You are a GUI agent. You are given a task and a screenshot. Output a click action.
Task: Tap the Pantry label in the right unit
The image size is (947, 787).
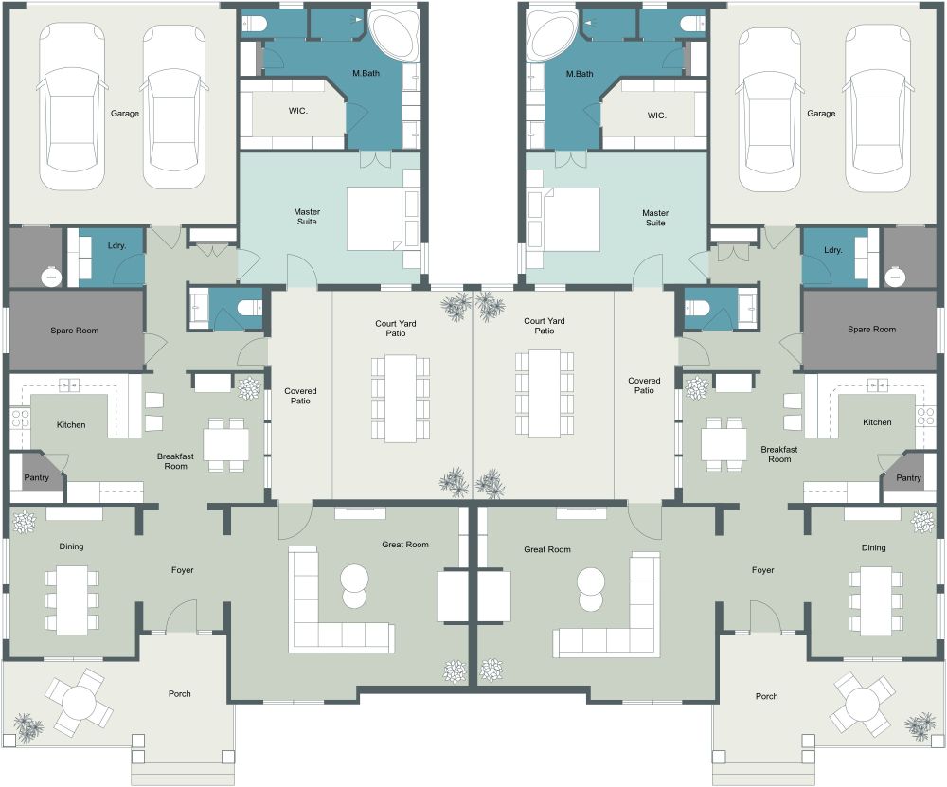tap(908, 478)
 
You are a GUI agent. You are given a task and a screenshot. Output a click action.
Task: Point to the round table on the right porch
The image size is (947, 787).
tap(863, 705)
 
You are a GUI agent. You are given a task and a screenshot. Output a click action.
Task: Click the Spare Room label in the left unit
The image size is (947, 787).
tap(75, 331)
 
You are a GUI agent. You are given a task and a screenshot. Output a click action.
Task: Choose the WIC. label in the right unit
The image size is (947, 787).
tap(656, 116)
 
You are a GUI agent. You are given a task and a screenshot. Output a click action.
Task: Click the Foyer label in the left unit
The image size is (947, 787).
tap(183, 570)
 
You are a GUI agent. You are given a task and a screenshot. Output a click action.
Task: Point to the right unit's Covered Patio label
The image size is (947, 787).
tap(644, 385)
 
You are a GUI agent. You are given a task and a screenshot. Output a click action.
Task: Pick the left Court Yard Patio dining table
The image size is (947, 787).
tap(401, 398)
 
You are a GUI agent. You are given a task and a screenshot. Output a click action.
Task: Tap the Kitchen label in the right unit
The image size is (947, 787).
tap(877, 422)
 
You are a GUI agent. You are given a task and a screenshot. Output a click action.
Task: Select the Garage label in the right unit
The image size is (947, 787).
tap(821, 114)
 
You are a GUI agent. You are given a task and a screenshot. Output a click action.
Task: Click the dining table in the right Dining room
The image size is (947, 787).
tap(876, 599)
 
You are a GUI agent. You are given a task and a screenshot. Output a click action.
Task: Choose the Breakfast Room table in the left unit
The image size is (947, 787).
tap(225, 444)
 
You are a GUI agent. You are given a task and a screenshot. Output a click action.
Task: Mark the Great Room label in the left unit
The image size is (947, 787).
tap(405, 545)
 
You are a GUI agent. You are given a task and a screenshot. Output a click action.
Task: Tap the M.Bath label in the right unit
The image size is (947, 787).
tap(580, 73)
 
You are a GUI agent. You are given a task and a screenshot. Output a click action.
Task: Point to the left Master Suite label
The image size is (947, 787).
tap(305, 217)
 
